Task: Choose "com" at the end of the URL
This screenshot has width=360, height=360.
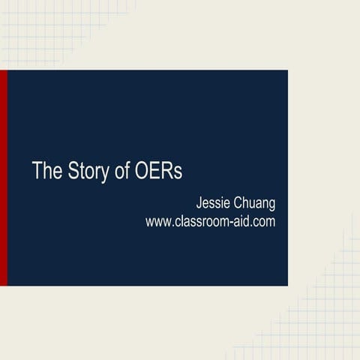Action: tap(265, 222)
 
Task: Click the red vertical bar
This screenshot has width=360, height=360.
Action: tap(4, 178)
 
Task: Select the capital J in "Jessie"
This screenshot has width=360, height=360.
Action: tap(198, 202)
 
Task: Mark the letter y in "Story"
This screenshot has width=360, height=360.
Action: tap(103, 173)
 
